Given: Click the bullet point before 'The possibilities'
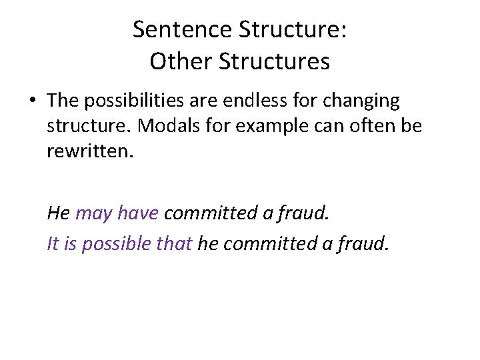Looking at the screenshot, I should coord(34,102).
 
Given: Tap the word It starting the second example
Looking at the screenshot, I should coord(53,244).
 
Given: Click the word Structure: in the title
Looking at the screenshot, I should coord(288,29).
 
